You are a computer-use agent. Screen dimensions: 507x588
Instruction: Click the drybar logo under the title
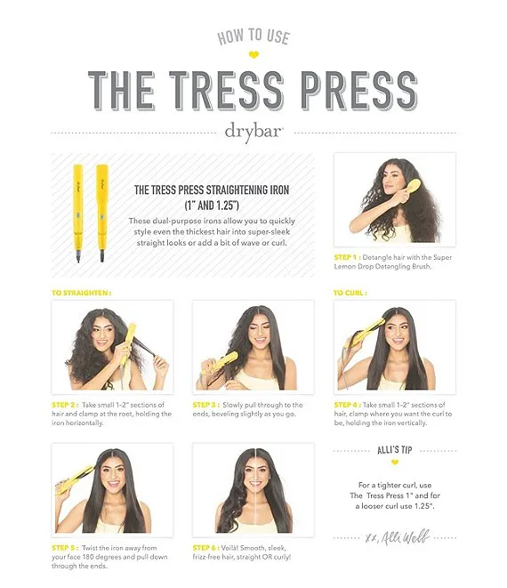tap(253, 133)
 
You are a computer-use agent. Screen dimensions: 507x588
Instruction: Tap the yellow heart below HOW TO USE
tap(253, 55)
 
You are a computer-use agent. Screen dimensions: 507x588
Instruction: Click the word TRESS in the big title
tap(226, 91)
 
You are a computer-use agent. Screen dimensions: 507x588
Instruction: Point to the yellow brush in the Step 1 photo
tap(412, 189)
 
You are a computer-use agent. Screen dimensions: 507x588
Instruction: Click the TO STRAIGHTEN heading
tap(81, 293)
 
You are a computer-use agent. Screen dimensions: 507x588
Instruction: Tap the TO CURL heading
tap(350, 293)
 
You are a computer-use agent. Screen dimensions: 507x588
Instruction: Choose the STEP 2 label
tap(64, 405)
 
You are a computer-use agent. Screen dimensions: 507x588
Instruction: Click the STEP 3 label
tap(205, 405)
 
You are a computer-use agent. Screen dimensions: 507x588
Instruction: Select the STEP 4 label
tap(347, 405)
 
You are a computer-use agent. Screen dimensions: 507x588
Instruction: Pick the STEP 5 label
tap(64, 548)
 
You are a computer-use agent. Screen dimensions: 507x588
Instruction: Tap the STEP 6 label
tap(205, 548)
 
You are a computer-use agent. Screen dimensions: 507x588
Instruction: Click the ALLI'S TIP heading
tap(395, 450)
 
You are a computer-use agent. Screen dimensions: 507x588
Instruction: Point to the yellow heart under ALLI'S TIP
tap(395, 463)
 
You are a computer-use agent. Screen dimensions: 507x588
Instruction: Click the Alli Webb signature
tap(398, 538)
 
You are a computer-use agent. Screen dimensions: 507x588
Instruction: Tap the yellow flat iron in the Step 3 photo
tap(220, 363)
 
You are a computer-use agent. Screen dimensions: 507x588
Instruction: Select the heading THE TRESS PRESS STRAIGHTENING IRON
tap(212, 190)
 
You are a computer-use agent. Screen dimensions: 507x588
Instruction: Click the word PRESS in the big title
tap(359, 91)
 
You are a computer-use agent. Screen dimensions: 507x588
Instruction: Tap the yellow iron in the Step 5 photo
tap(75, 480)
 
